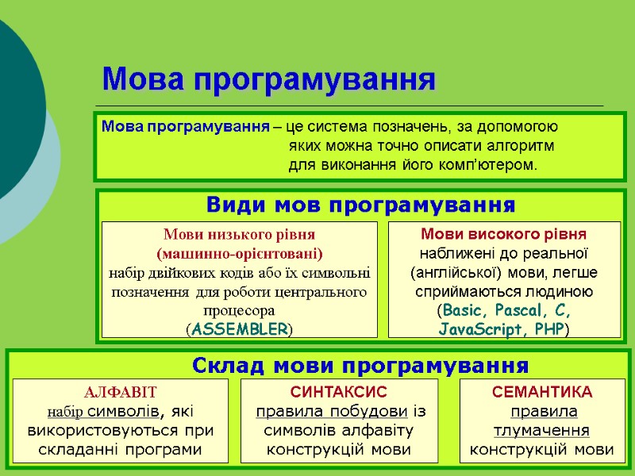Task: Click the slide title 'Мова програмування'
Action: coord(269,79)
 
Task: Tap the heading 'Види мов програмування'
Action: coord(360,205)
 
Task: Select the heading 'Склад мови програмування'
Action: coord(360,366)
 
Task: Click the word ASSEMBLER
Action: coord(240,328)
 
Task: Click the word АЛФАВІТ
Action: coord(121,393)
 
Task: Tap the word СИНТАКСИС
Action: coord(339,393)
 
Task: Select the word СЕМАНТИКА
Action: coord(542,393)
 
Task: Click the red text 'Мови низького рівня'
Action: coord(239,235)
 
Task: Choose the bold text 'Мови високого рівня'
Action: coord(502,234)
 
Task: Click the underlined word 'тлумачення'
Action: coord(542,431)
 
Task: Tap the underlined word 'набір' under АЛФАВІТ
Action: coord(64,412)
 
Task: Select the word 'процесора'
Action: coord(239,310)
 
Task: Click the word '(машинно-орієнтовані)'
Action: coord(239,254)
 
